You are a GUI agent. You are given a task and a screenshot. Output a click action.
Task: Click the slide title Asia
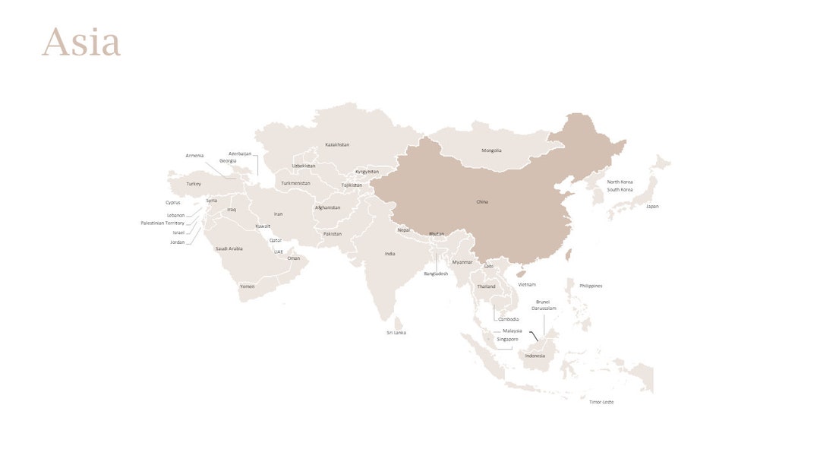(81, 43)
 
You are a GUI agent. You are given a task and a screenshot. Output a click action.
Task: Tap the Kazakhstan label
(337, 144)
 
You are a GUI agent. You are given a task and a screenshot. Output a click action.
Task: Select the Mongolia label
(491, 150)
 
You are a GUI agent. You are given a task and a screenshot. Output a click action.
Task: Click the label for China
(482, 202)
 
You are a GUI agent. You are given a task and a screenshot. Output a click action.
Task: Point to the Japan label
(652, 207)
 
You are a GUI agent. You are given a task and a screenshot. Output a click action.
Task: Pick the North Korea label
(620, 182)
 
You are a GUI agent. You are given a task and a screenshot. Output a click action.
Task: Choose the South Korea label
(620, 190)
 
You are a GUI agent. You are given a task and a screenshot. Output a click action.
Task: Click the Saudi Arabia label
(229, 249)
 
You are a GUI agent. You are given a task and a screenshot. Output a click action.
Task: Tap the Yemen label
(248, 286)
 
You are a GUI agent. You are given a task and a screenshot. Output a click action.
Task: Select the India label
(389, 254)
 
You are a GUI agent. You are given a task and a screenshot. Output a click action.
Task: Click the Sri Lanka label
(396, 333)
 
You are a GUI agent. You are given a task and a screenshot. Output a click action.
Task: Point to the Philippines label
(591, 286)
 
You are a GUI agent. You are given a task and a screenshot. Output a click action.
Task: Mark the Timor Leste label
(601, 402)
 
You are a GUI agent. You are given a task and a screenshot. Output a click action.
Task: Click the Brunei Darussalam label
(544, 305)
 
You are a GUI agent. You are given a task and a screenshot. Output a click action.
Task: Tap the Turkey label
(194, 184)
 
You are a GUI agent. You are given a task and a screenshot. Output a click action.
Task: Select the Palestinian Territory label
(162, 223)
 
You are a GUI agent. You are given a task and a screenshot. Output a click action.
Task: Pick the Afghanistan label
(327, 207)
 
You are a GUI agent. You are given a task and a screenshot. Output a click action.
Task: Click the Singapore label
(507, 340)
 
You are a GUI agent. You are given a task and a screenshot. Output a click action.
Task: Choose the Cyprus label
(173, 203)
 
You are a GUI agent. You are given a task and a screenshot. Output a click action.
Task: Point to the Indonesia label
(535, 356)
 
